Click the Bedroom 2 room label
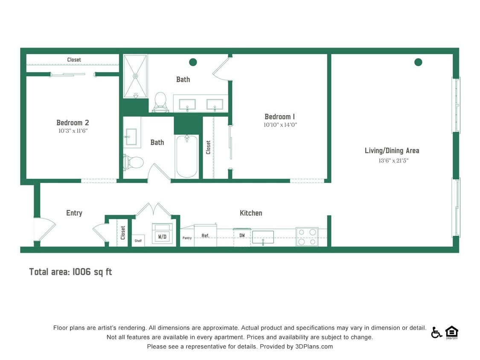coord(73,123)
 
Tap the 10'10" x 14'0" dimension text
coord(280,125)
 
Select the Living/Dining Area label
coord(392,151)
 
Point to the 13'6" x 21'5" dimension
coord(390,160)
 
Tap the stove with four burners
coord(307,237)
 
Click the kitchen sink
coord(263,237)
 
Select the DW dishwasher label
coord(242,235)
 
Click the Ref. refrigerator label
coord(205,235)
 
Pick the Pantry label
coord(187,238)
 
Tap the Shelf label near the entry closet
coord(138,241)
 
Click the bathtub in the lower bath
coord(187,156)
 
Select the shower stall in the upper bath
coord(135,76)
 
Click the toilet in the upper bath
coord(160,102)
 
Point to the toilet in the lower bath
coord(134,162)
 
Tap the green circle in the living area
coord(418,62)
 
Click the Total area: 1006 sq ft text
coord(70,272)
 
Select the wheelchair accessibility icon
coord(436,332)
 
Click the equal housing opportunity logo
coord(451,332)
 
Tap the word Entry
coord(74,213)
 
